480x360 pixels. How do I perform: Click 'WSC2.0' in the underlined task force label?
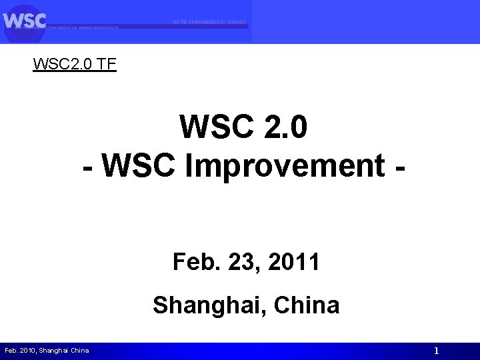click(x=60, y=65)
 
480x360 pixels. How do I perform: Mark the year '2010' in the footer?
click(x=27, y=351)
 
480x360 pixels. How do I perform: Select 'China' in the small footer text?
click(x=80, y=351)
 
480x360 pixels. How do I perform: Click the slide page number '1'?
click(x=436, y=351)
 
